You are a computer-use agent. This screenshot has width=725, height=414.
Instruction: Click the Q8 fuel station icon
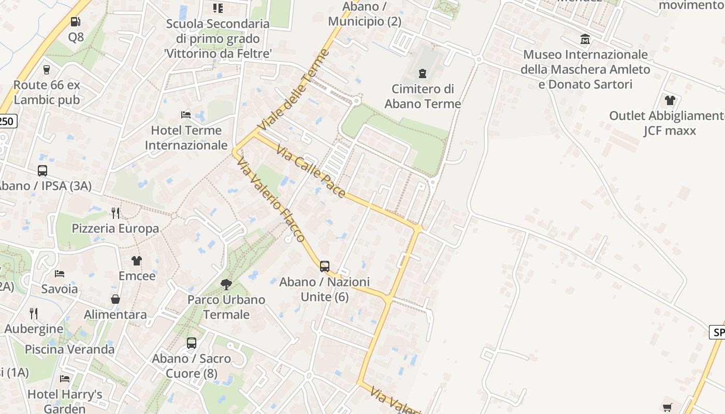[x=76, y=22]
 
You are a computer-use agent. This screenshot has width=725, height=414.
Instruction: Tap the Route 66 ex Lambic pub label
[x=47, y=92]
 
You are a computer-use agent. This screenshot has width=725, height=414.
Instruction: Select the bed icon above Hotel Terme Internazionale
[x=186, y=114]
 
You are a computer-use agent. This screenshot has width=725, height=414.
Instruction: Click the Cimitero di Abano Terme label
[x=423, y=96]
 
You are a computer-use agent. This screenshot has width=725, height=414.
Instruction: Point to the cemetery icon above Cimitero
[x=423, y=73]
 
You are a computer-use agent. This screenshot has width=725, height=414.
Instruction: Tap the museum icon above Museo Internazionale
[x=585, y=39]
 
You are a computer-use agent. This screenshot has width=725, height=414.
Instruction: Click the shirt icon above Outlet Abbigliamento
[x=670, y=100]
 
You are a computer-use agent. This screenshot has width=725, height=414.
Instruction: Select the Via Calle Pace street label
[x=311, y=171]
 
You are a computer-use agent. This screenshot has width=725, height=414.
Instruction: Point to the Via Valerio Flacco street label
[x=270, y=200]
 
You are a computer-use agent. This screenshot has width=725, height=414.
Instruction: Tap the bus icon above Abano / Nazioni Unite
[x=325, y=267]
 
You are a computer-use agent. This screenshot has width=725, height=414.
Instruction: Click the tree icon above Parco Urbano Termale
[x=226, y=284]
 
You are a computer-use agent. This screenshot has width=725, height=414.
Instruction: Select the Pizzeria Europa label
[x=115, y=228]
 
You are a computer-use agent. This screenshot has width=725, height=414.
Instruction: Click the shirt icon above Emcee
[x=137, y=260]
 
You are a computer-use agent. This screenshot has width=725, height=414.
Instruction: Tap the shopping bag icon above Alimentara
[x=115, y=299]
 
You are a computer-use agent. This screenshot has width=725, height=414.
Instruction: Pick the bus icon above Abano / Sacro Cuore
[x=192, y=343]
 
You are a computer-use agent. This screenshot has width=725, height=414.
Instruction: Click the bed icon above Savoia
[x=60, y=273]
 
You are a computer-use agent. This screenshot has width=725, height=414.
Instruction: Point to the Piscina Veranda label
[x=70, y=349]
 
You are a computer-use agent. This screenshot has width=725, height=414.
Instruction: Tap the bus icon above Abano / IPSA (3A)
[x=42, y=170]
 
